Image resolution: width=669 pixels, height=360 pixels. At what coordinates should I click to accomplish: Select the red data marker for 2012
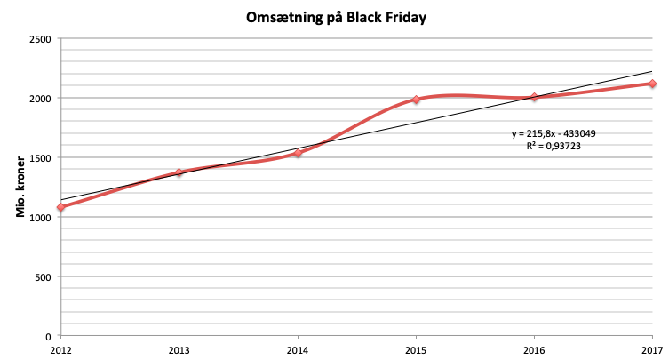[x=60, y=208]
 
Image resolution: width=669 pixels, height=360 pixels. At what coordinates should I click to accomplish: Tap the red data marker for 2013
[x=179, y=172]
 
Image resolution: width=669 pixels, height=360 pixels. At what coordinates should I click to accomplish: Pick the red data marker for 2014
[x=298, y=153]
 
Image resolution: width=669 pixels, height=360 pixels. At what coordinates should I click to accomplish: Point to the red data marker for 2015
[x=416, y=100]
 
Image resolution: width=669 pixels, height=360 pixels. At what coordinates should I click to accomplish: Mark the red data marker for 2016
[x=534, y=98]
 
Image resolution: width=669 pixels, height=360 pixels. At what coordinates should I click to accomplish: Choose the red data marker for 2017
[x=652, y=84]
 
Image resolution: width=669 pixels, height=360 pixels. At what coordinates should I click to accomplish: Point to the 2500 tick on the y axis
[x=39, y=39]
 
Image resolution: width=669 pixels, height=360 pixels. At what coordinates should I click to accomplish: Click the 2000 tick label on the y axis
[x=39, y=99]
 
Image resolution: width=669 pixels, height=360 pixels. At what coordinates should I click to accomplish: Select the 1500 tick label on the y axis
[x=39, y=158]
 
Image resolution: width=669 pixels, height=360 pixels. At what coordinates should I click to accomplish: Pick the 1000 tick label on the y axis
[x=39, y=218]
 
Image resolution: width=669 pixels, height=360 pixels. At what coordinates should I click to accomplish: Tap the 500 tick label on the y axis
[x=42, y=276]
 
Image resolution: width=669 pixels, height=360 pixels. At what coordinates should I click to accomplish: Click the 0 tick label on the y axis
[x=47, y=336]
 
